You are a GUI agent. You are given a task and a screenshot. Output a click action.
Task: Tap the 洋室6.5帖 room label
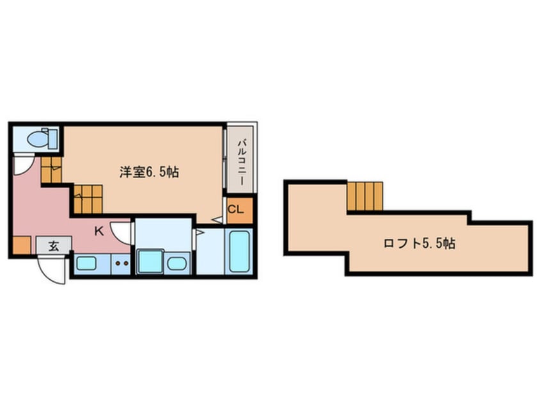point(149,172)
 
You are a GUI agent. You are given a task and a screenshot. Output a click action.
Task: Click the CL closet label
point(235,209)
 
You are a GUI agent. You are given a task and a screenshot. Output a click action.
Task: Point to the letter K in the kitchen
point(99,231)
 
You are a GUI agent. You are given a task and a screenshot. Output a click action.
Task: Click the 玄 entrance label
point(54,245)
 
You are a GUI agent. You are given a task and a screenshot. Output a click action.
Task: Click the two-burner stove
point(121,263)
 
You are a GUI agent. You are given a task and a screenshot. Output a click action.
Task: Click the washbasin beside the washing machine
point(177,263)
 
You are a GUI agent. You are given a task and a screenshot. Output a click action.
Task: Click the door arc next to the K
point(122,232)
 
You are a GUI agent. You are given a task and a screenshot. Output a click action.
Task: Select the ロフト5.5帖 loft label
point(419,243)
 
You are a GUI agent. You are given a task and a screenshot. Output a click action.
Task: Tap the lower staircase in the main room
point(86,198)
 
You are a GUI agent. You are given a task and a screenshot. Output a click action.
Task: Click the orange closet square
point(240,210)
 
